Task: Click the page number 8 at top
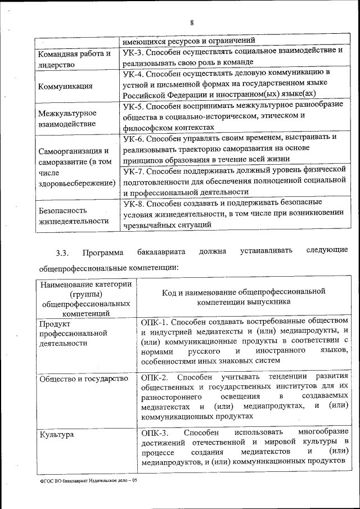point(191,22)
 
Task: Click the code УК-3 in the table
point(134,51)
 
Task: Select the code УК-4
point(134,74)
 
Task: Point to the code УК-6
point(134,138)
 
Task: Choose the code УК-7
point(134,169)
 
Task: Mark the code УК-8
point(134,201)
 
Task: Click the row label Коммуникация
point(65,87)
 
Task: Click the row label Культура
point(57,434)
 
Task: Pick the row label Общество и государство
point(83,379)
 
